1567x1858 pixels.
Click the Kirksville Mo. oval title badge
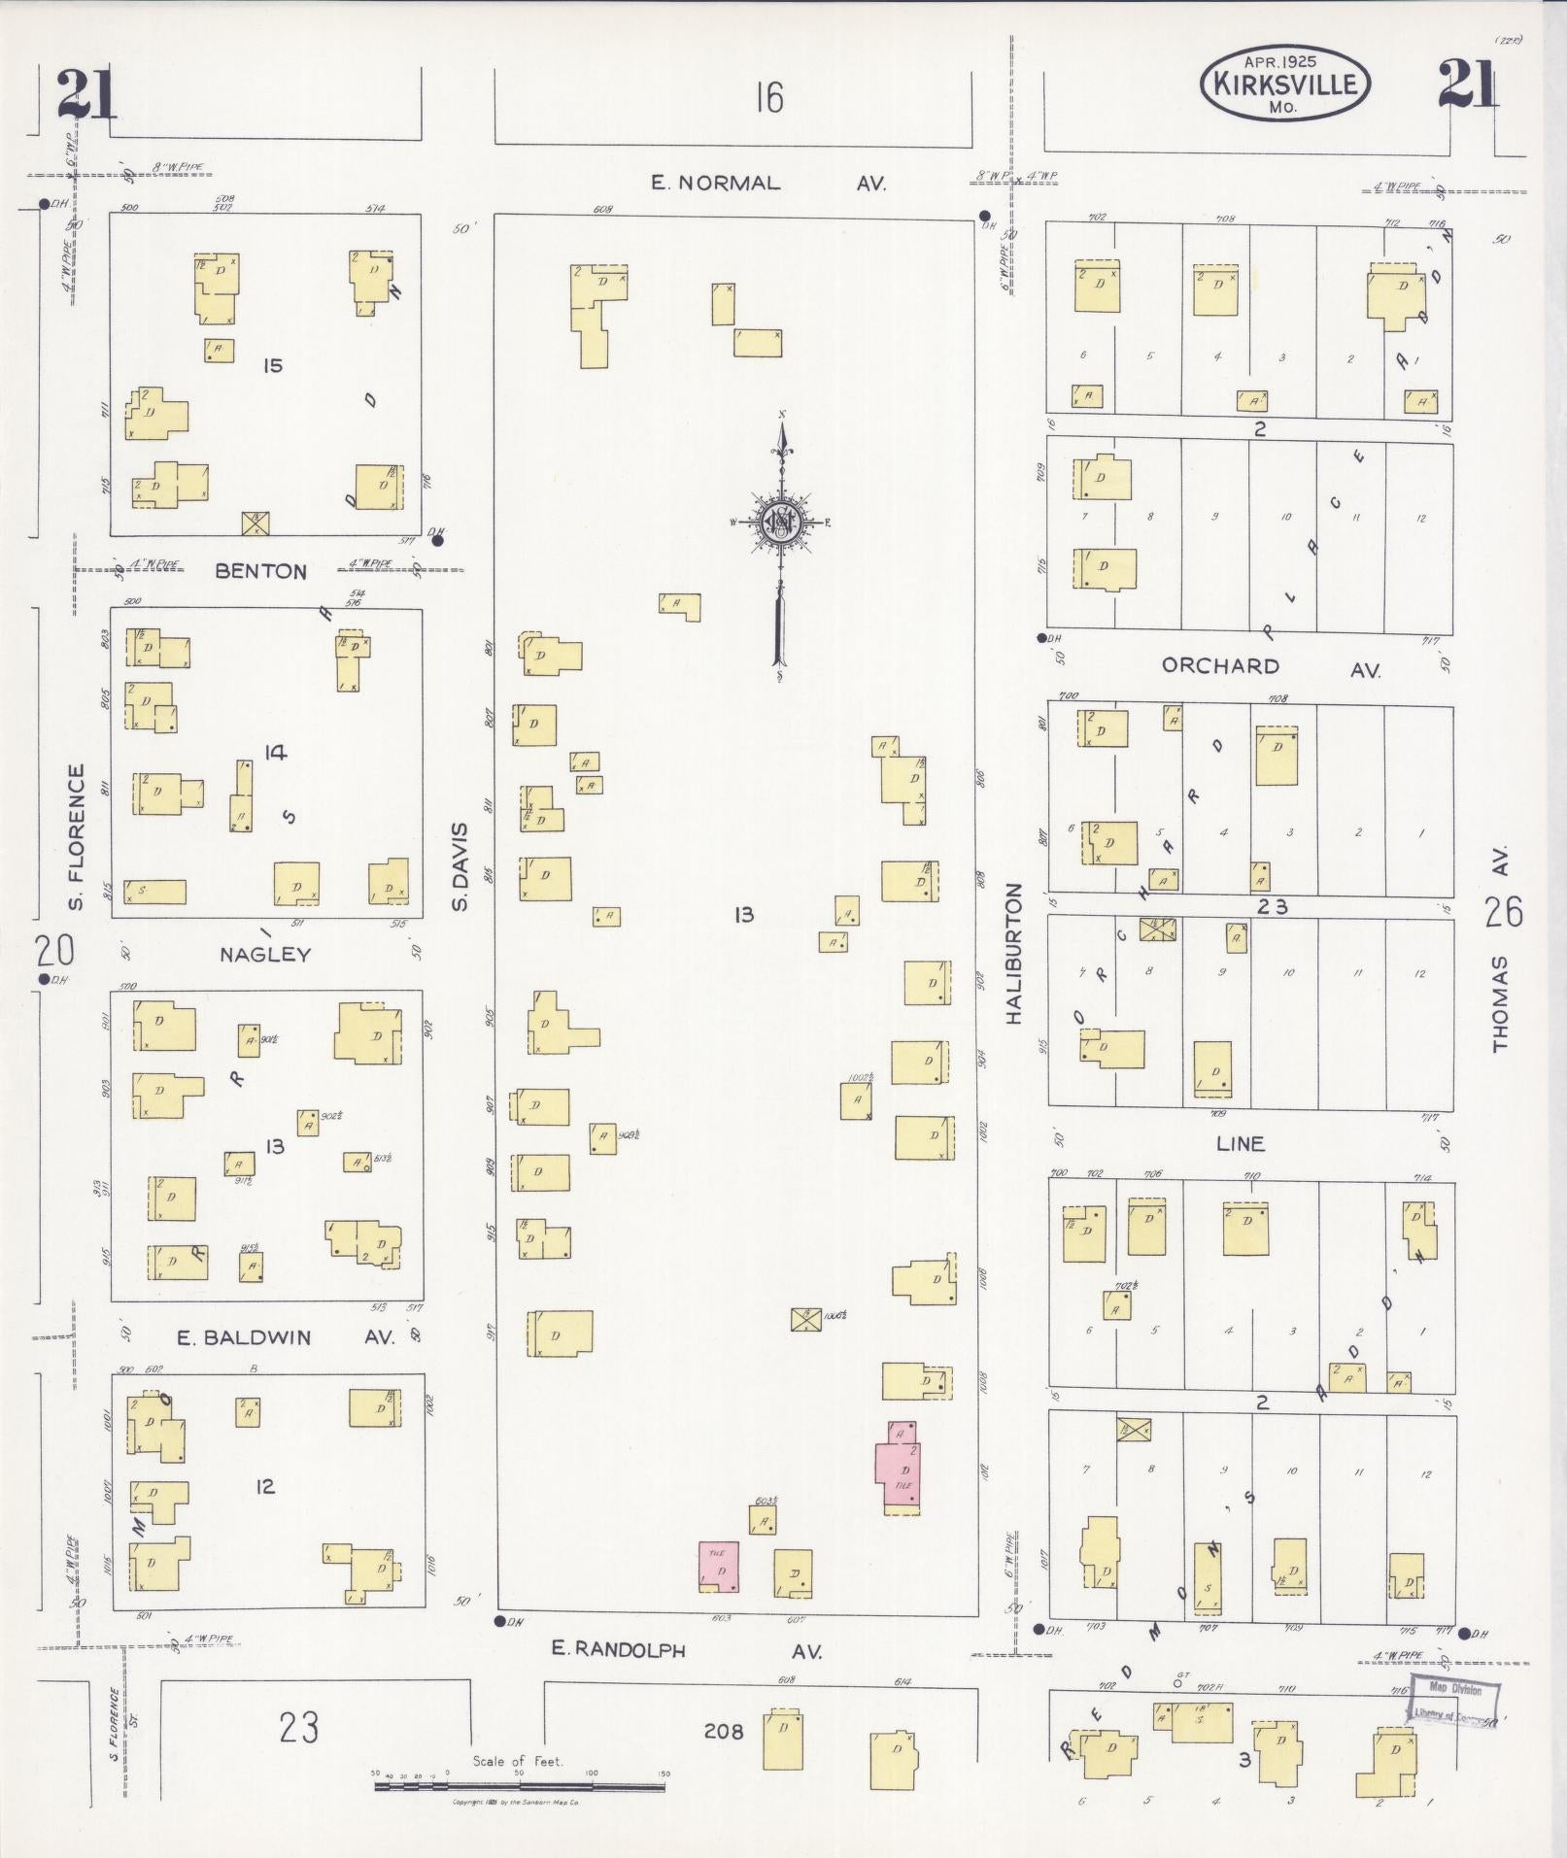coord(1284,84)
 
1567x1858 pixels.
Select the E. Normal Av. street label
coord(767,183)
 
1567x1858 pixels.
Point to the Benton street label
coord(261,571)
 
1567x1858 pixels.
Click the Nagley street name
coord(265,954)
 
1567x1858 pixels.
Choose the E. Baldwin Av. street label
coord(286,1337)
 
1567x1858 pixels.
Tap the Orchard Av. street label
coord(1271,667)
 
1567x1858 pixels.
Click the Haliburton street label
coord(1015,953)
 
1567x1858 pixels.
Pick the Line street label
coord(1241,1143)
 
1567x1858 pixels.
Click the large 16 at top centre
coord(768,98)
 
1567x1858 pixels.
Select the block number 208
coord(723,1731)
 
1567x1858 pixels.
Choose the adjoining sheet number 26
coord(1504,912)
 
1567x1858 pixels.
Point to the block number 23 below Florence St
coord(298,1729)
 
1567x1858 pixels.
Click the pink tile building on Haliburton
coord(901,1468)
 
